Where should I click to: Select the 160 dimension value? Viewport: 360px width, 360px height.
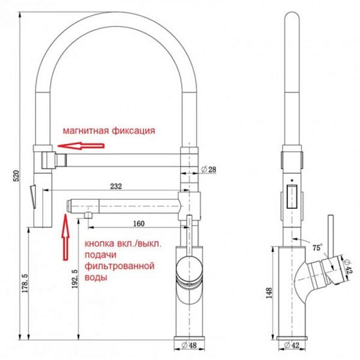(139, 224)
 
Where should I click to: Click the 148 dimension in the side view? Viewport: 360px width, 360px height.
(269, 293)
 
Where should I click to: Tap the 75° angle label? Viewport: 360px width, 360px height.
(316, 246)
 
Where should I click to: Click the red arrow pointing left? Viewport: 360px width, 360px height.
(76, 145)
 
